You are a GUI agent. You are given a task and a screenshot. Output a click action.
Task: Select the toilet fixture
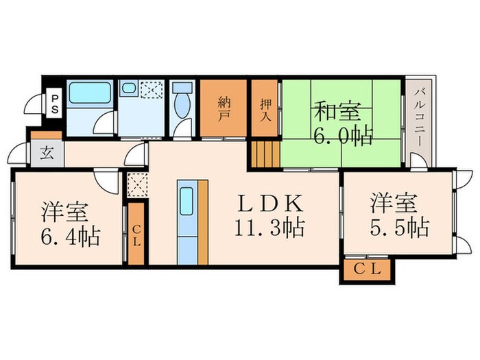(183, 104)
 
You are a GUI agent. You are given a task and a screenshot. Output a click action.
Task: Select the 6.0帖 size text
(343, 135)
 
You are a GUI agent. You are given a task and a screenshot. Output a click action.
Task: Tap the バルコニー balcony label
(417, 119)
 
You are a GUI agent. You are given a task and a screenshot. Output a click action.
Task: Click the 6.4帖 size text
(69, 237)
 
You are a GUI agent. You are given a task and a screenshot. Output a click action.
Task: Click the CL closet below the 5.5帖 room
(367, 270)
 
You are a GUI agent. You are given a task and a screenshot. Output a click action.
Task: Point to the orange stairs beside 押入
(265, 152)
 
